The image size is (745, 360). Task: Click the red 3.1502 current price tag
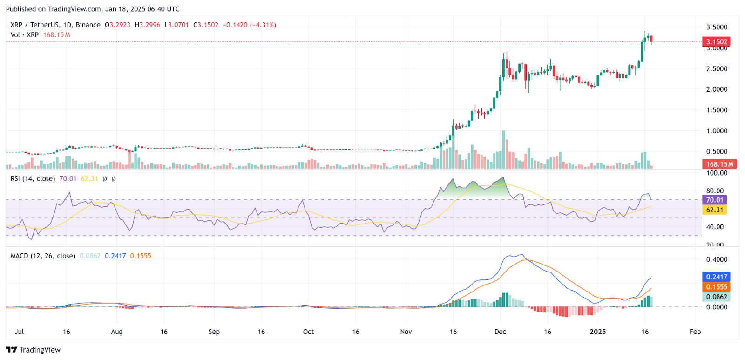click(716, 42)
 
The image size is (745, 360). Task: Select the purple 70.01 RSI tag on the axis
click(714, 200)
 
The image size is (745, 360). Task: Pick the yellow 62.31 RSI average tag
click(714, 210)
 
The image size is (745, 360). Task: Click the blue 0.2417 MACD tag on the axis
click(716, 277)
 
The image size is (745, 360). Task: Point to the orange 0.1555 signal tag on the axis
click(716, 287)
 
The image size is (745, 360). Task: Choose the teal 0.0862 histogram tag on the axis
click(716, 297)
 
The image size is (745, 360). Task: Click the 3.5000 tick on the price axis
click(717, 27)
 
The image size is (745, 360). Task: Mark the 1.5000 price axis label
click(717, 110)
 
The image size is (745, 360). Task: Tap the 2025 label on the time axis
click(598, 332)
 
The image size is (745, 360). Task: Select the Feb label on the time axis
click(695, 332)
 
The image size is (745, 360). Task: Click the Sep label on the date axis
click(214, 332)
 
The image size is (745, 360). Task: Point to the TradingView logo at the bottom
click(33, 350)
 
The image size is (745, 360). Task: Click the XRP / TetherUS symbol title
click(55, 25)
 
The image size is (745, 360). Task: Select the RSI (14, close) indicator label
click(33, 178)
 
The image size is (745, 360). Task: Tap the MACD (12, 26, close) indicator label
click(43, 256)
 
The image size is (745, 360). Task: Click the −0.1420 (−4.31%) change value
click(250, 25)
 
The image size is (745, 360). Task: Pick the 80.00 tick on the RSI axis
click(715, 190)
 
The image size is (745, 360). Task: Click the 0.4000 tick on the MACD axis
click(717, 259)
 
